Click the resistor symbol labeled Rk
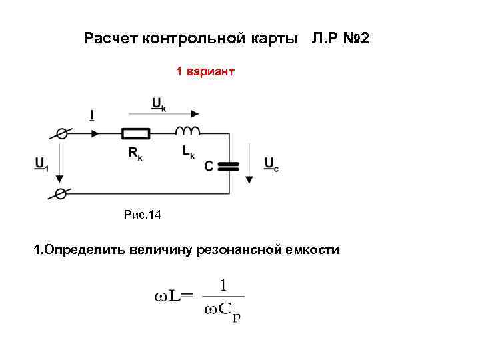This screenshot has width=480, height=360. pos(136,133)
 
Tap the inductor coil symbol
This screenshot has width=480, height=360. pos(187,130)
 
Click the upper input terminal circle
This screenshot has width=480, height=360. pos(61,133)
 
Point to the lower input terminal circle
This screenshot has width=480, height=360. pos(61,193)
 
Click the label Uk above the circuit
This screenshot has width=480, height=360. pos(159,103)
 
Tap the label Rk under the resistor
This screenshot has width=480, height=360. pos(136,153)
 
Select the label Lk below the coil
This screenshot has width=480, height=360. pos(188,152)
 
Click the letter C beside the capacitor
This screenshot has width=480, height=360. pos(209,165)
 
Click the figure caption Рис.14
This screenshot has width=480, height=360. pos(143,215)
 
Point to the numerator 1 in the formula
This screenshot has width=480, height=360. pos(224,285)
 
